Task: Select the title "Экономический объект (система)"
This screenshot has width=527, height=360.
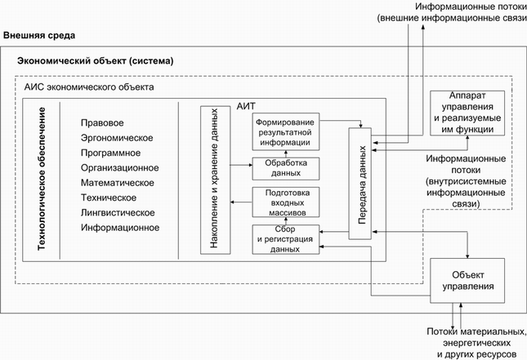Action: tap(96, 62)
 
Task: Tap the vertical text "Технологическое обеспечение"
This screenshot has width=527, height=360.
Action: tap(43, 179)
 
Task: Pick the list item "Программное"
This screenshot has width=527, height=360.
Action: tap(110, 153)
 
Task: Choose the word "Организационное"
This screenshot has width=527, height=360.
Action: tap(119, 167)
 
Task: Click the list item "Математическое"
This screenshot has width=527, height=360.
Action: tap(117, 183)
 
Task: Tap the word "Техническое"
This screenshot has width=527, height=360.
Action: tap(109, 198)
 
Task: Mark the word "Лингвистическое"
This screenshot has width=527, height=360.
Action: tap(118, 212)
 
